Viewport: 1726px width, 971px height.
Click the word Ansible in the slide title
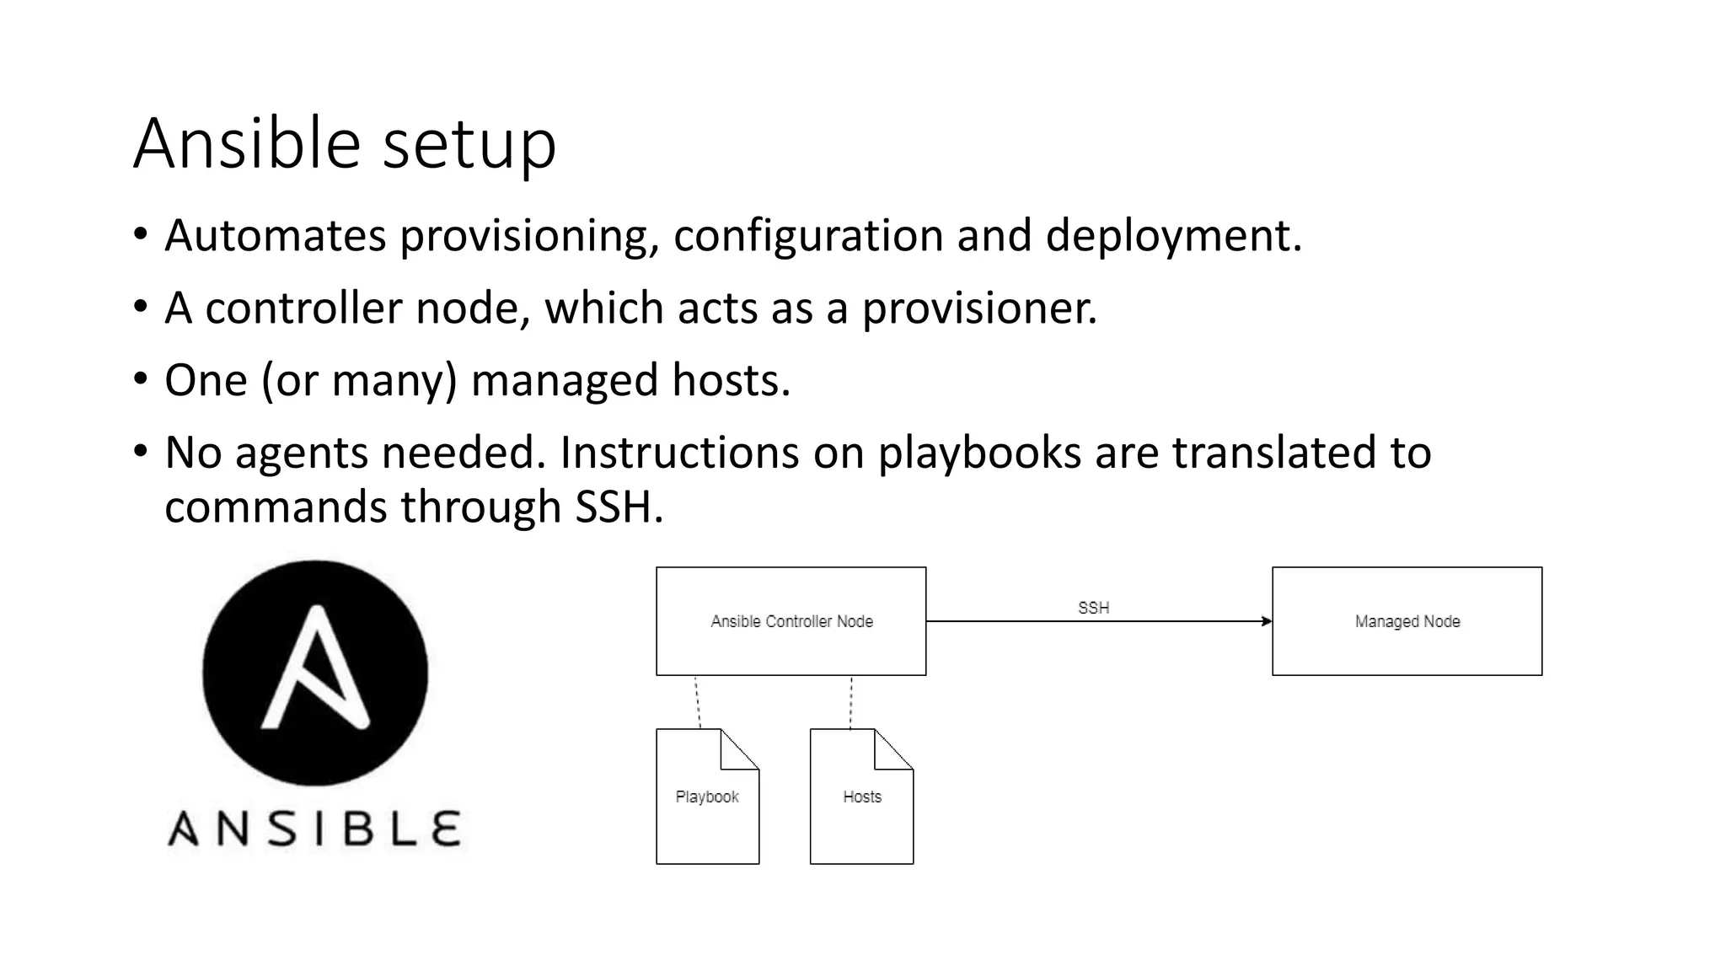247,143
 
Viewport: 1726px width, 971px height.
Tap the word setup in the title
469,145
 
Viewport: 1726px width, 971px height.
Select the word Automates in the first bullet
275,235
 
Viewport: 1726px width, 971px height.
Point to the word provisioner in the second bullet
978,308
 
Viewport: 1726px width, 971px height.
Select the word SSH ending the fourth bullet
619,507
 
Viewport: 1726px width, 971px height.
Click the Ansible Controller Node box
791,621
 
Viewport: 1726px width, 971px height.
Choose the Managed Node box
1407,621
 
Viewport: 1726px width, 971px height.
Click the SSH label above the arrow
1093,608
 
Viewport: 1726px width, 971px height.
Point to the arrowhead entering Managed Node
1267,621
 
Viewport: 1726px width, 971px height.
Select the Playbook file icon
707,797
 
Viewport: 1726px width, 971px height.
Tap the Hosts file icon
861,797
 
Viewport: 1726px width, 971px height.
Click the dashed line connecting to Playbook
698,701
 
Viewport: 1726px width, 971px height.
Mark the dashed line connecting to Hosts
851,701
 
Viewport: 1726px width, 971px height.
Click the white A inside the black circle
315,670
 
